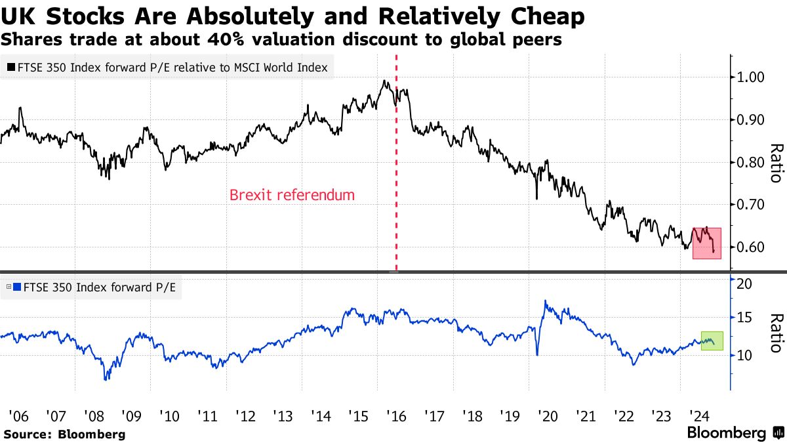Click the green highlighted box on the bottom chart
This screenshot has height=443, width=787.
pos(712,341)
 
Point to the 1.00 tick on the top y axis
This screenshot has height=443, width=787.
pos(750,77)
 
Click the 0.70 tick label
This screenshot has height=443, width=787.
pos(750,205)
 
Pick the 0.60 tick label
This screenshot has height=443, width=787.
pos(750,247)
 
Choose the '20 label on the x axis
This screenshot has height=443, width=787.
pos(546,415)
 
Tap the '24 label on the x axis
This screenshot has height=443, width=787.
pos(697,415)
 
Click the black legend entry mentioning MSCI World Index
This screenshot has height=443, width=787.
pos(168,66)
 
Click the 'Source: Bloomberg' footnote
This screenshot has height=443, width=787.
pos(64,434)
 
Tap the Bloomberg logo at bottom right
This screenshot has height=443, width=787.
pos(735,433)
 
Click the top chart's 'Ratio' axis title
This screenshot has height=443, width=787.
pos(776,163)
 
